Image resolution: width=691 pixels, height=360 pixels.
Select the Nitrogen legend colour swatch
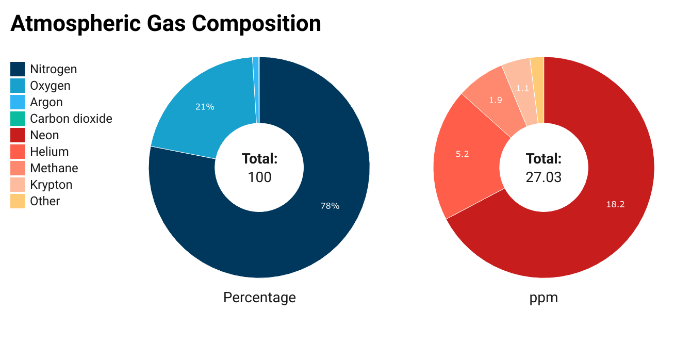click(x=18, y=69)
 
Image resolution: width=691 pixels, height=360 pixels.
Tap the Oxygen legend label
click(x=50, y=86)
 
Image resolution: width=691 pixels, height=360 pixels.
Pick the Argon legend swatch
click(x=18, y=102)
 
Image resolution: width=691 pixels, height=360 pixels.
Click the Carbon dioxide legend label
click(x=71, y=119)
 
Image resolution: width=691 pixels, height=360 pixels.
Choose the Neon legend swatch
click(x=18, y=135)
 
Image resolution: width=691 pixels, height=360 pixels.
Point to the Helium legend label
click(x=50, y=152)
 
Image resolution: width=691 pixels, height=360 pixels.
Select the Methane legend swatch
click(x=18, y=168)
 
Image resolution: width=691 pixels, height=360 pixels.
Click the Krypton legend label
click(x=51, y=185)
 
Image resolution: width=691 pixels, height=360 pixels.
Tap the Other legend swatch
click(x=18, y=201)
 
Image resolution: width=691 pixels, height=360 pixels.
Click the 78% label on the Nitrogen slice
click(x=330, y=206)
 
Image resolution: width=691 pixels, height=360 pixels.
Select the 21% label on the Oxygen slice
click(x=205, y=107)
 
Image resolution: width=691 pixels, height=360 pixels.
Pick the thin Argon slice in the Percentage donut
click(x=256, y=90)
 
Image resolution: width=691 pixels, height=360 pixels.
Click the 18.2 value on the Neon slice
click(x=615, y=204)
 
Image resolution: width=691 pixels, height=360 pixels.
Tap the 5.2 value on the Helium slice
click(x=463, y=154)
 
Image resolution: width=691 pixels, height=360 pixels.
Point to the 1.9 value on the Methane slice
click(x=496, y=100)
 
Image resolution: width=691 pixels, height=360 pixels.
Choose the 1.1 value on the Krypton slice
click(x=522, y=88)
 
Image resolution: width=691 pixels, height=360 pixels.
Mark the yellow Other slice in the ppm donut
click(x=537, y=90)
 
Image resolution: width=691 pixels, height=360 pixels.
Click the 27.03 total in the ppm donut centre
click(x=544, y=177)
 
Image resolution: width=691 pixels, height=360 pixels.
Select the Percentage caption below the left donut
click(x=259, y=298)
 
